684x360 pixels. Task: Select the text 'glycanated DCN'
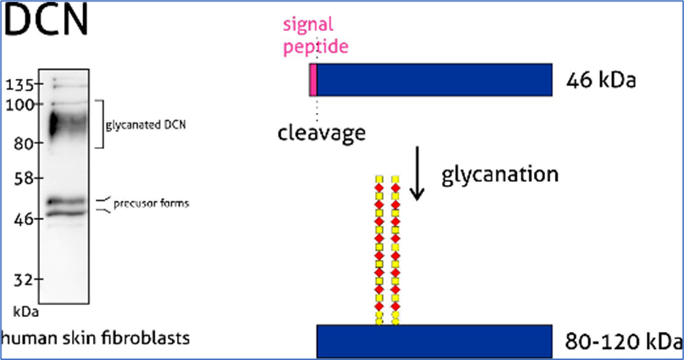click(x=146, y=125)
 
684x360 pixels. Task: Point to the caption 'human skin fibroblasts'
click(x=95, y=338)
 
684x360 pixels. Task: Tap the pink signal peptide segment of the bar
click(x=313, y=79)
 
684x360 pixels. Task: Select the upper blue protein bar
click(x=434, y=79)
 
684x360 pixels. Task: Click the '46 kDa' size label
click(x=600, y=79)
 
